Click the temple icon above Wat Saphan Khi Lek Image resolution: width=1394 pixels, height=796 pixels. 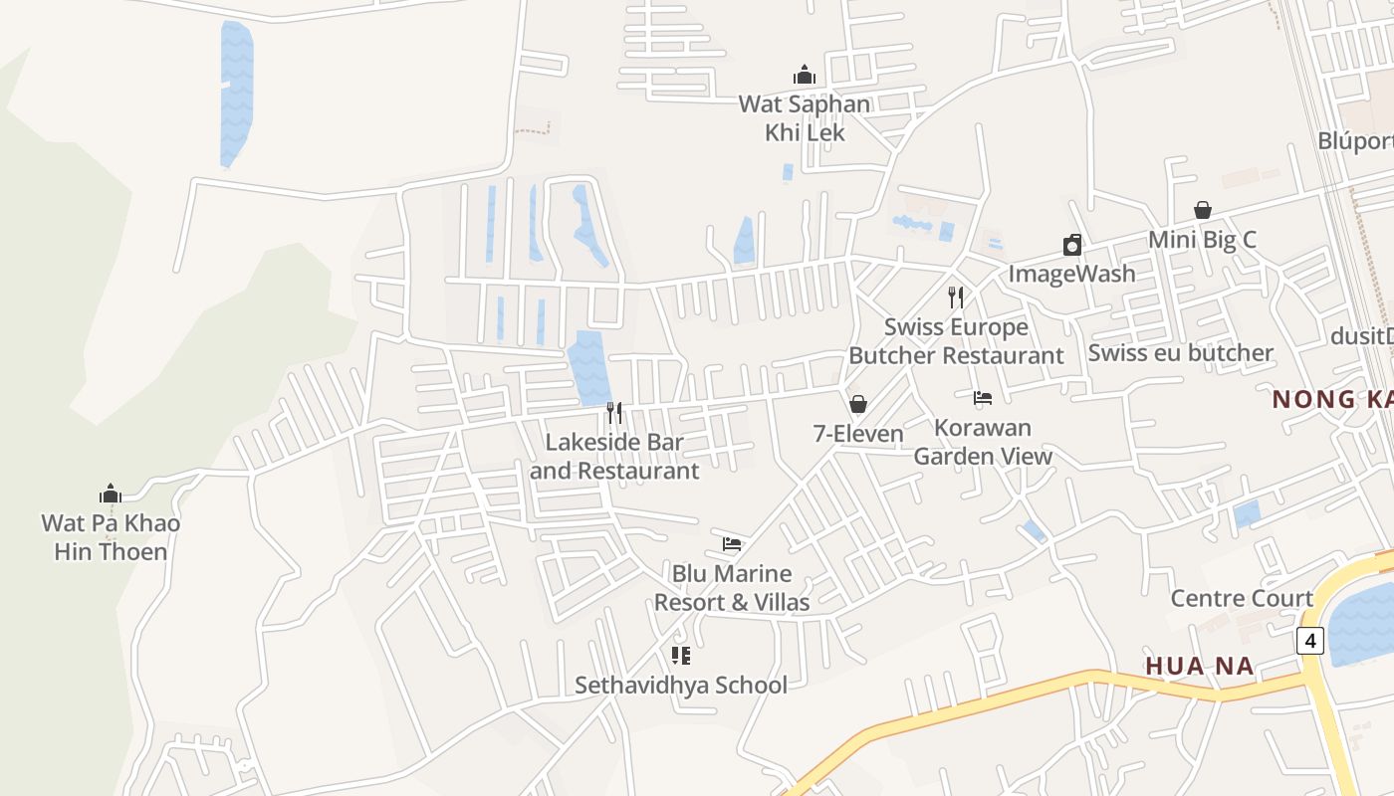805,75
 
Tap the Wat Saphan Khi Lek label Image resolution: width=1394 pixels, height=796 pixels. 805,118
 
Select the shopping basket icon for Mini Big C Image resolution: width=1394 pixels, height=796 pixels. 1203,210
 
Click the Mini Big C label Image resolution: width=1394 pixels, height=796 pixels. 1203,240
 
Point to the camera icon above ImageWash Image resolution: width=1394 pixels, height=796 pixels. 1072,245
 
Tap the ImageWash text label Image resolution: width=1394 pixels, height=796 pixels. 1072,274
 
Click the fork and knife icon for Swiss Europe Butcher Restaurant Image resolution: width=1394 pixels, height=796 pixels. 956,297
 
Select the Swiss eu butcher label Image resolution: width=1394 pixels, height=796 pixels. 1181,353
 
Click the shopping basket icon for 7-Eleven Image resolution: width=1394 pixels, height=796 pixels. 858,404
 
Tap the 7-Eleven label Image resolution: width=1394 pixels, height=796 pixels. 858,434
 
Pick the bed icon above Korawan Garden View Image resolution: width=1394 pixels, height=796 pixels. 983,398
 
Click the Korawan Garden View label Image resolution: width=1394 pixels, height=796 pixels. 983,442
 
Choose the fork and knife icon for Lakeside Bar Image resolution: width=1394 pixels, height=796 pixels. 614,412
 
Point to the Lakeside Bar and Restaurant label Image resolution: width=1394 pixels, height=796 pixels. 614,456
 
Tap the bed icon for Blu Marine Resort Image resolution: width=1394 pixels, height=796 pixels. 732,544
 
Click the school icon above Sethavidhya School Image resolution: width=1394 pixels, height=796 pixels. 681,655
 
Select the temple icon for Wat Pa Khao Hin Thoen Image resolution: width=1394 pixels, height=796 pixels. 111,494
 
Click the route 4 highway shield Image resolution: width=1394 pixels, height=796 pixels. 1310,641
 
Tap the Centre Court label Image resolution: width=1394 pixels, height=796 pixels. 1242,598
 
